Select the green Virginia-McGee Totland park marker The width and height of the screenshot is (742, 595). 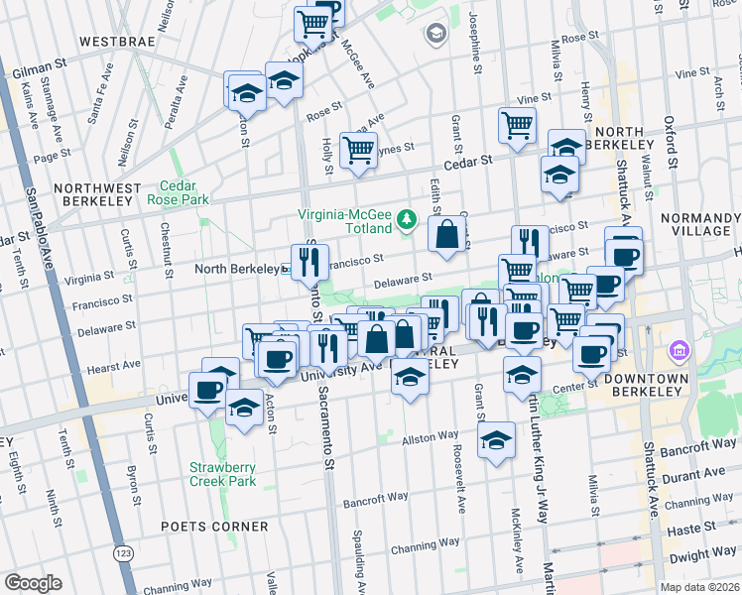tap(405, 218)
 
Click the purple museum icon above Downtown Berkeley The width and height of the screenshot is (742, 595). tap(680, 350)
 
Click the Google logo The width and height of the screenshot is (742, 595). tap(33, 583)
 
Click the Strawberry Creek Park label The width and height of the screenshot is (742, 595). tap(223, 474)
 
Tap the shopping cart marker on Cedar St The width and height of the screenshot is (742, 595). tap(358, 151)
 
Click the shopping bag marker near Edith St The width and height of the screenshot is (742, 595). tap(448, 235)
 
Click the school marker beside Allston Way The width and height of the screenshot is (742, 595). tap(495, 441)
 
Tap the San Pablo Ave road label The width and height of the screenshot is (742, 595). tap(39, 229)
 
